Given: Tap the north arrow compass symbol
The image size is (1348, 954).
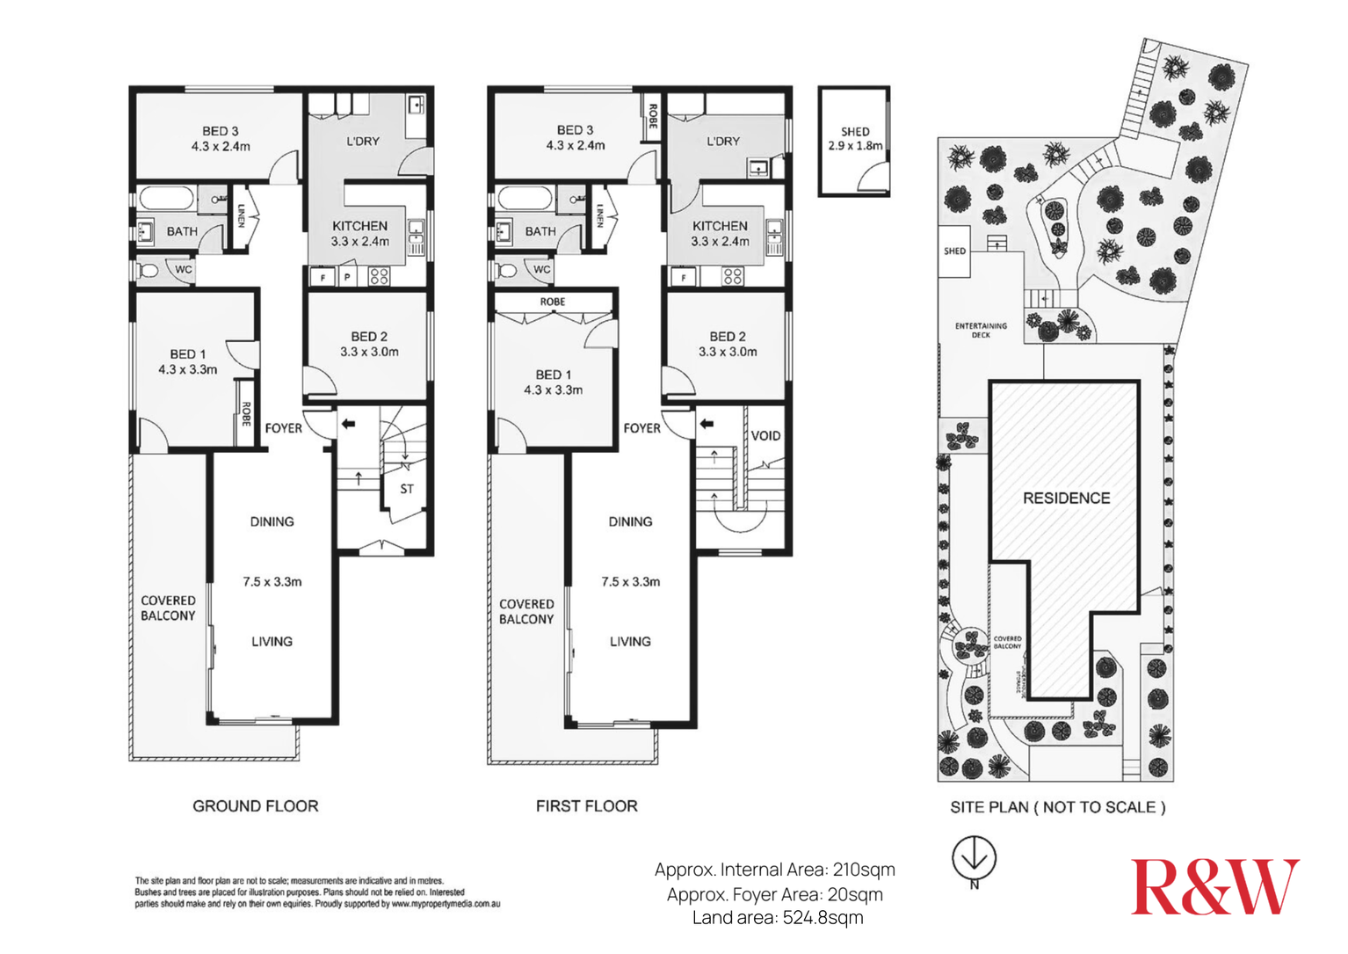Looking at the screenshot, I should (974, 857).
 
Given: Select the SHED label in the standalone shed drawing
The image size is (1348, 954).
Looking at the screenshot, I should (854, 131).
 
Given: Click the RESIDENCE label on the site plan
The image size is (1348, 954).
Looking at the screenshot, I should (1066, 498).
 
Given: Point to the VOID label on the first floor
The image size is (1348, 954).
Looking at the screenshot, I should (765, 435).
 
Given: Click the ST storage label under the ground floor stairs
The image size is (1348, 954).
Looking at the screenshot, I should (406, 489).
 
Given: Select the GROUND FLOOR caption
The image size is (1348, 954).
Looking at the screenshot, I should (255, 805).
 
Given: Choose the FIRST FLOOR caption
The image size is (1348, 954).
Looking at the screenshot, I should (586, 805).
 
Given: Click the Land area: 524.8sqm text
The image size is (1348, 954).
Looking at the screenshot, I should (777, 918).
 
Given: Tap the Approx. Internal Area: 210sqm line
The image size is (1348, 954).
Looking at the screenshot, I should (774, 870).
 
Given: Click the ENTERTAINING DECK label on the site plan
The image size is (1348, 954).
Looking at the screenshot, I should (981, 330).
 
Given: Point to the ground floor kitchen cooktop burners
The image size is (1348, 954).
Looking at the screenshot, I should (379, 277).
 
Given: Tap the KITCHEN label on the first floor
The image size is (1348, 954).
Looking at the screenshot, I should (720, 226).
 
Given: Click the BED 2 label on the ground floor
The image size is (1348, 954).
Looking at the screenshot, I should (369, 336).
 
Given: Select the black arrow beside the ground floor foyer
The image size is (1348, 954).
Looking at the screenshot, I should (348, 424).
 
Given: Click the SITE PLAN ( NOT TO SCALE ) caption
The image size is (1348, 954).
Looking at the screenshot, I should (1057, 807).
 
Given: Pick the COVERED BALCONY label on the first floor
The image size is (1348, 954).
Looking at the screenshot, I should (526, 611).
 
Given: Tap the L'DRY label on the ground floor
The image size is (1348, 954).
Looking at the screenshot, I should (362, 141).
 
